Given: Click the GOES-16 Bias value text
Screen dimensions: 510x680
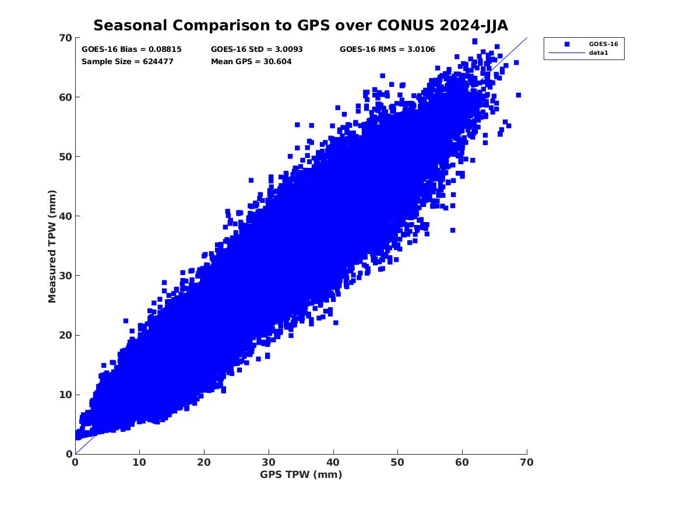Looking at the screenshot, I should [x=132, y=50].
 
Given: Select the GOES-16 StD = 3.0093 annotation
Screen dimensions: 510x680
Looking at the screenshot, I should [x=256, y=50].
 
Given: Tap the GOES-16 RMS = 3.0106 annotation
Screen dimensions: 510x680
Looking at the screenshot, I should [x=387, y=50].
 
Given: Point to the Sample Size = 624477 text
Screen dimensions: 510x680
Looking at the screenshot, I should [x=127, y=61].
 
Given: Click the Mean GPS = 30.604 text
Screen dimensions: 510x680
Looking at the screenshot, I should [x=251, y=61].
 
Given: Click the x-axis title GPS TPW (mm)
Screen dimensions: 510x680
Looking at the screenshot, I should [x=301, y=474].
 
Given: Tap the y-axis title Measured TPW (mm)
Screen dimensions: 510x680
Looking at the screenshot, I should [x=52, y=246].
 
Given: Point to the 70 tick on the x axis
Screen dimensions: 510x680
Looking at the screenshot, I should [x=527, y=462].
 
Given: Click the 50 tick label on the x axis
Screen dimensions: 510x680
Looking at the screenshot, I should [x=398, y=462].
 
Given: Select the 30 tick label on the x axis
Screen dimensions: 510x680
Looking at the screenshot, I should [x=269, y=462].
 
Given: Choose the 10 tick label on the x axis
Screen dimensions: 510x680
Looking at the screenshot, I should [x=139, y=462].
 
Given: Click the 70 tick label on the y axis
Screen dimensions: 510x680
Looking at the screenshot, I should [x=65, y=38].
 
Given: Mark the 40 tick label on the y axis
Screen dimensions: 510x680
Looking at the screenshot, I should [x=65, y=216].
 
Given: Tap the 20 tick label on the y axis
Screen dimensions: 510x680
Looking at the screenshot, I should [x=65, y=335].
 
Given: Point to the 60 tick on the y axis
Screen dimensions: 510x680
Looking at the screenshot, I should [x=65, y=97].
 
